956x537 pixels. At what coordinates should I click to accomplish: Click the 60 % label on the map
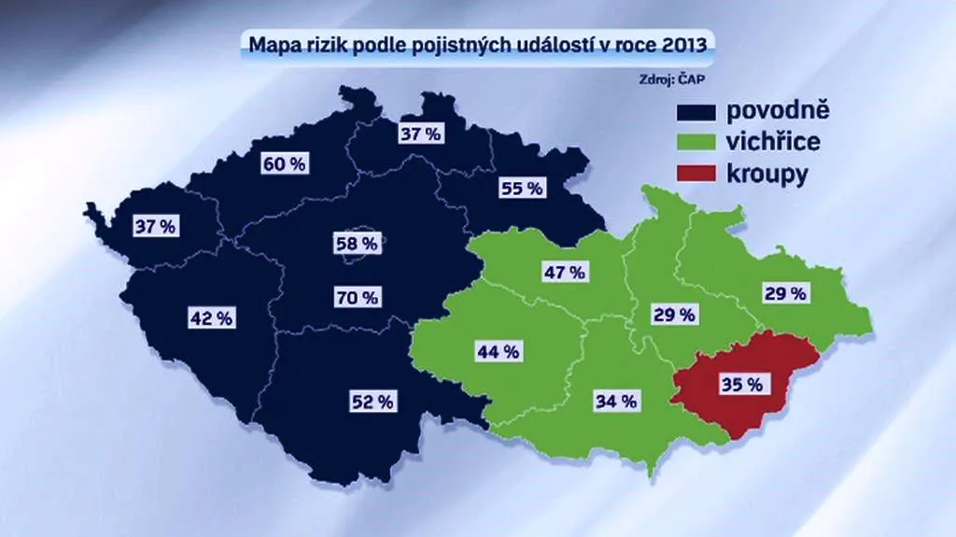pos(285,163)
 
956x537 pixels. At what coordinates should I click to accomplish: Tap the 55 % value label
pos(521,188)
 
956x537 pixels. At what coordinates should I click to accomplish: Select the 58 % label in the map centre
pos(357,244)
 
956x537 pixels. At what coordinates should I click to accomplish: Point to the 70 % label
pos(357,298)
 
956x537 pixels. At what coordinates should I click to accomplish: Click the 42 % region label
pos(211,318)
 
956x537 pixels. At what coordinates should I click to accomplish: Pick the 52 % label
pos(373,402)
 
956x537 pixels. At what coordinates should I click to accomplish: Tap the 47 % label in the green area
pos(564,273)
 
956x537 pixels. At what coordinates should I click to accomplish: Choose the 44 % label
pos(498,352)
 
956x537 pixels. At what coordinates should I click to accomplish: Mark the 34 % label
pos(616,402)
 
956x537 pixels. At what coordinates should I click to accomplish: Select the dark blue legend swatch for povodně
pos(696,112)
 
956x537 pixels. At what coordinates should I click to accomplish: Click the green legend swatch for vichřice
pos(696,143)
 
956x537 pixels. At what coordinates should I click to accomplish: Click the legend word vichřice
pos(774,143)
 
